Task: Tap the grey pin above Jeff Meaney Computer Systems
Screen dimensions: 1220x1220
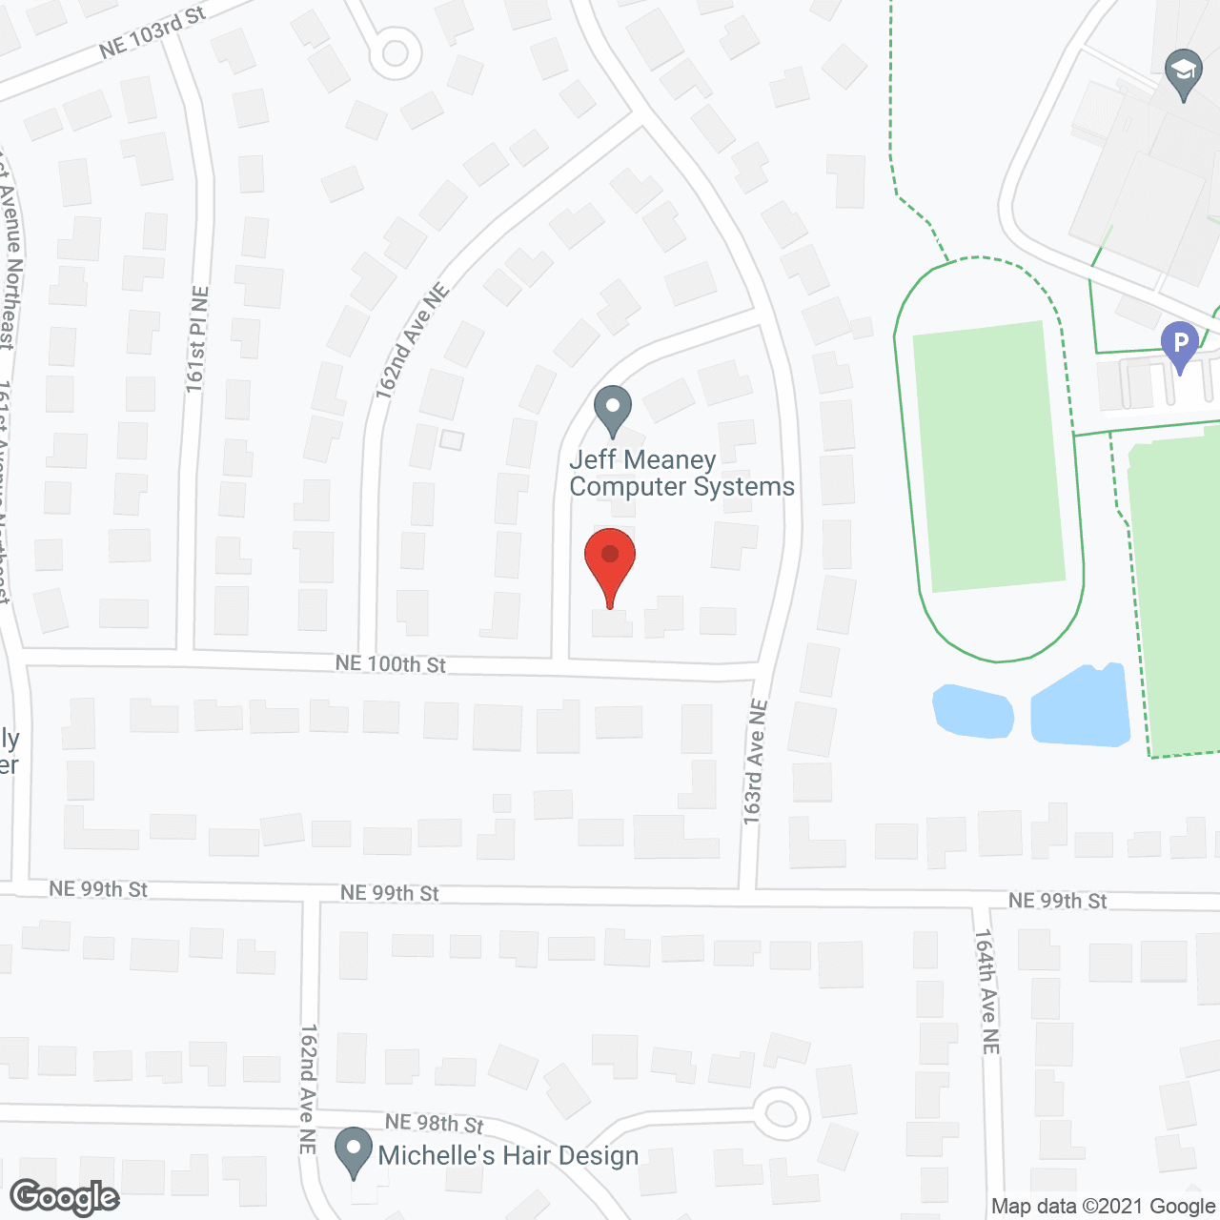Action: [613, 409]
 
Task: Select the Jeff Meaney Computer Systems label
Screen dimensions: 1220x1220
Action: [681, 474]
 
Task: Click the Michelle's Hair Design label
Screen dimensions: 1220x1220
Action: [508, 1156]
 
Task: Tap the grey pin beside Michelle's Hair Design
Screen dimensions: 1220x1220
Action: [355, 1151]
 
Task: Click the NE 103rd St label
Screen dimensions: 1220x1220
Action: [152, 34]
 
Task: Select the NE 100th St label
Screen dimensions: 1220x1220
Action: [391, 663]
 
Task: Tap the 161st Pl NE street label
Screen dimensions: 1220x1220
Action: [197, 339]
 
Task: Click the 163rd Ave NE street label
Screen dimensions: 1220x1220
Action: [756, 762]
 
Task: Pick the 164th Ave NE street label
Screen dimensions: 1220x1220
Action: [987, 991]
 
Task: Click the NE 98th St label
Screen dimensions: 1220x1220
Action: [435, 1125]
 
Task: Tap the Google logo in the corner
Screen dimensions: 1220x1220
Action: [65, 1197]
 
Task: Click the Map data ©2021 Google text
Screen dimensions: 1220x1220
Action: [1104, 1207]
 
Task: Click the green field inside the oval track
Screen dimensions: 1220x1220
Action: [987, 456]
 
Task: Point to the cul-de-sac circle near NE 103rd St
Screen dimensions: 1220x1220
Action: [395, 52]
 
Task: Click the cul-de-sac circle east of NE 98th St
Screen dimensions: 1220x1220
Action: [782, 1113]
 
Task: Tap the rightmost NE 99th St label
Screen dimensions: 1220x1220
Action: [1058, 901]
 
